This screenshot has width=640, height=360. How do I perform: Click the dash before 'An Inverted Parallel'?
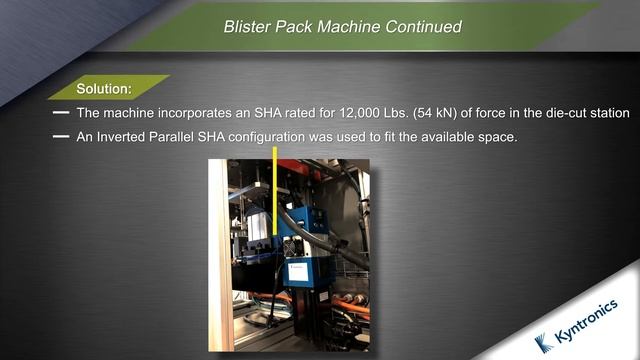tap(60, 136)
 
